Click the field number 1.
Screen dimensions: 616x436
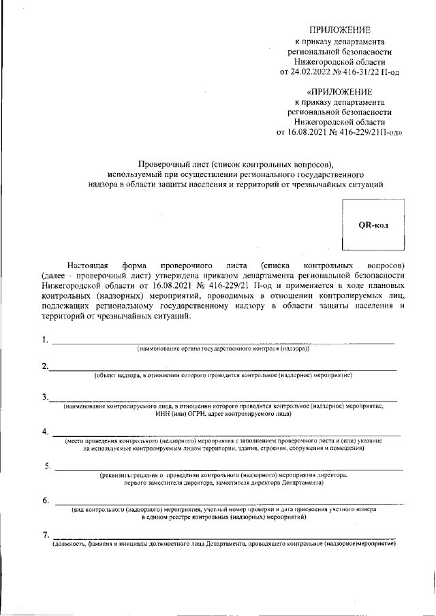pyautogui.click(x=44, y=340)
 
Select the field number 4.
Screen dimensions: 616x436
pyautogui.click(x=45, y=432)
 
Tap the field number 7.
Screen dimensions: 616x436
pyautogui.click(x=45, y=536)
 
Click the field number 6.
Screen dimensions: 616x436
pyautogui.click(x=45, y=501)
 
